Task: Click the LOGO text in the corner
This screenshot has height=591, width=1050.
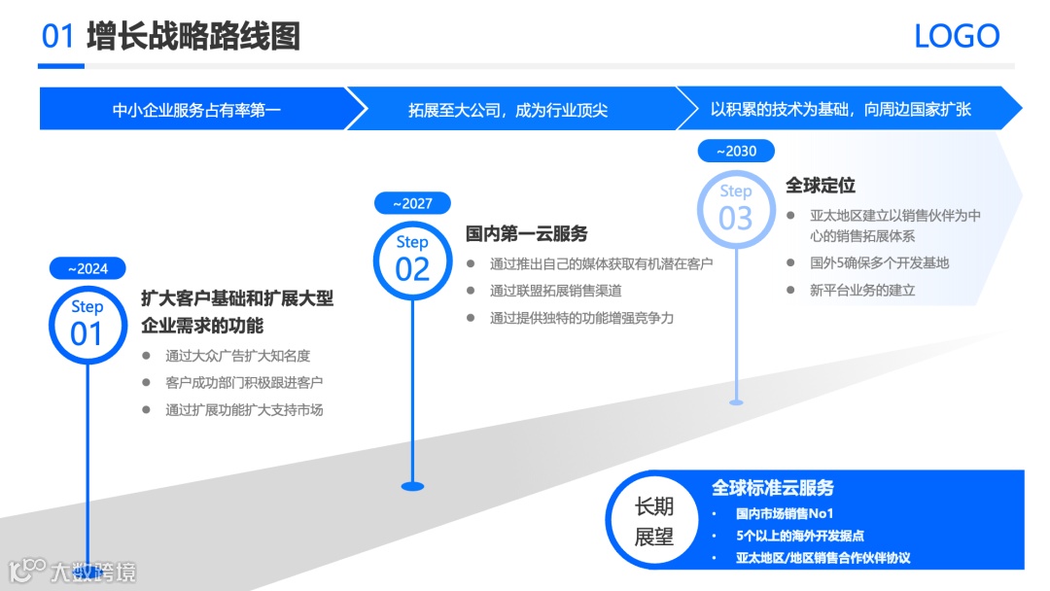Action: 957,37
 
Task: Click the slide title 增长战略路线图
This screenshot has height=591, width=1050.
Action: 192,37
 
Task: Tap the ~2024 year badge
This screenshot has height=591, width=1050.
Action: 87,268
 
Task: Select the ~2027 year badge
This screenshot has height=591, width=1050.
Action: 412,203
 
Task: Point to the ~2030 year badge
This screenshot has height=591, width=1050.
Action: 736,151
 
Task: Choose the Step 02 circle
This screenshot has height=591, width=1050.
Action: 412,258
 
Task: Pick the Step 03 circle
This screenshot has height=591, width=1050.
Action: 736,207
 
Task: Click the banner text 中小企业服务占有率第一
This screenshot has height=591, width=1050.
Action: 196,109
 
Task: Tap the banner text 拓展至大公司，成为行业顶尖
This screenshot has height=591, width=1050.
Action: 507,109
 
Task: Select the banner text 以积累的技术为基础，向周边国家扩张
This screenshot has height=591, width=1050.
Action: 840,109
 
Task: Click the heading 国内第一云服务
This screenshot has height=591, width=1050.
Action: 527,234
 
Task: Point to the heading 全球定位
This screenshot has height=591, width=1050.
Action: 821,185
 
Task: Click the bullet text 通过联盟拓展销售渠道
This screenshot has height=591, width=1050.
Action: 556,291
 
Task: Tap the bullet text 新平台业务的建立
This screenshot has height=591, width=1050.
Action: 862,290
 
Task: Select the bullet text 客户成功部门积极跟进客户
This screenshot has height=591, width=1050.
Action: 244,383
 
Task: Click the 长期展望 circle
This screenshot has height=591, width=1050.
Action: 654,521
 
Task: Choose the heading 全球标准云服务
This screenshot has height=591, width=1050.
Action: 772,488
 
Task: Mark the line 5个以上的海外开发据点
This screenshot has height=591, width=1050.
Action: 800,536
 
